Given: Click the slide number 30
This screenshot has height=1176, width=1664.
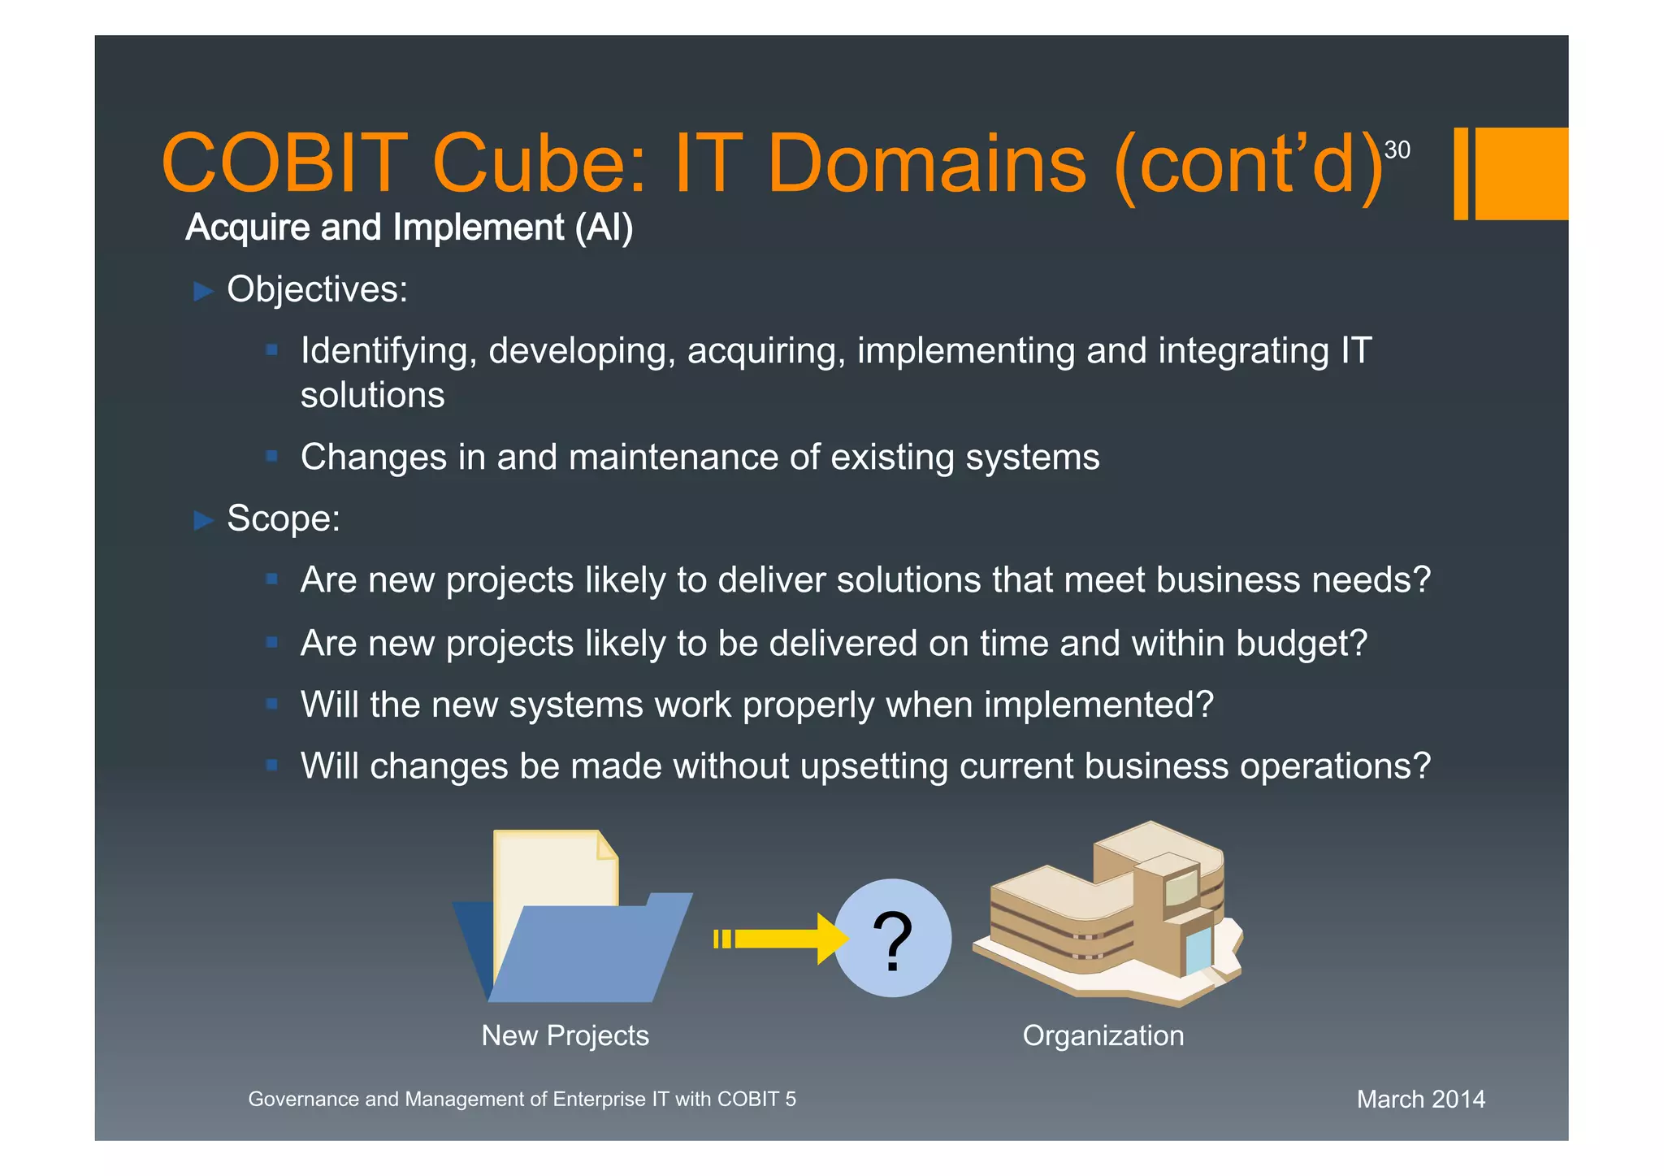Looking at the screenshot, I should [1397, 150].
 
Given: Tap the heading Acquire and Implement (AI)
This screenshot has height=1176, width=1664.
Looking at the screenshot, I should [409, 228].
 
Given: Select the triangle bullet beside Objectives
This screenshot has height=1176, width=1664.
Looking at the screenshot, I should [203, 291].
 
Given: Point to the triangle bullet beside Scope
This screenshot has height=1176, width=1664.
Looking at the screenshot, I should [203, 520].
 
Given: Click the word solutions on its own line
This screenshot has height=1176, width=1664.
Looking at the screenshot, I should [372, 396].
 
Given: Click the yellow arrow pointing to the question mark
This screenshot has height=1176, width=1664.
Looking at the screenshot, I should [780, 939].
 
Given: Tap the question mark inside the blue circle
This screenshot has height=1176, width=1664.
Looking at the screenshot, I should [892, 940].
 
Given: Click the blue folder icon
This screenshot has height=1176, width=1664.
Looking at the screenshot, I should [585, 951].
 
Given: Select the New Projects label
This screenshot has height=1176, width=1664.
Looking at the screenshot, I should [565, 1035].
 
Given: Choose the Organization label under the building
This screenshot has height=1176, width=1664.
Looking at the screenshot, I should [1103, 1035].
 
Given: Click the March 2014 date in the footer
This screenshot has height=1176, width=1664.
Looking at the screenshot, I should [1420, 1099].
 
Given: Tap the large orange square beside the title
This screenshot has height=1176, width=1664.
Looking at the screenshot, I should [1520, 173].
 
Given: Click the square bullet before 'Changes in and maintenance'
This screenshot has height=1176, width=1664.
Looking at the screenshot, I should [272, 456].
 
